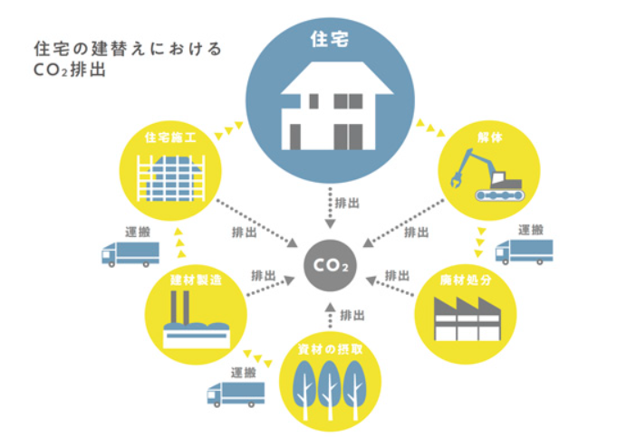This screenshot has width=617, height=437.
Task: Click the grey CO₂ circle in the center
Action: (x=330, y=266)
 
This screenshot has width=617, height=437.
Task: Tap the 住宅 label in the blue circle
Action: (x=330, y=39)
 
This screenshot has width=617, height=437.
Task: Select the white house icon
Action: (x=337, y=106)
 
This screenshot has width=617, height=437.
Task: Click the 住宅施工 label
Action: (x=170, y=138)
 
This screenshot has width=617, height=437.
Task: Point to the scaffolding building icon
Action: (x=170, y=178)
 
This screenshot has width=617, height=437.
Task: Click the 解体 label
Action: (x=490, y=138)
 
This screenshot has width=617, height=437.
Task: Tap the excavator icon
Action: (x=488, y=175)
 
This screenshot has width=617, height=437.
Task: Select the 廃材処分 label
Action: (x=466, y=280)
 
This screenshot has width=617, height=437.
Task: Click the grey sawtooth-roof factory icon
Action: (x=468, y=318)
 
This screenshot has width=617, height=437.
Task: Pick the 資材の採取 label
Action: (x=330, y=349)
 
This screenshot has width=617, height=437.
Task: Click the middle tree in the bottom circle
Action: (x=330, y=390)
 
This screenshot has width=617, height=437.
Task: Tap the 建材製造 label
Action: (x=196, y=280)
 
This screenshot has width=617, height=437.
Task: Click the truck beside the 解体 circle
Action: (x=525, y=252)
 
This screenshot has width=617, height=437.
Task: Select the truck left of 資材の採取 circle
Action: (x=236, y=394)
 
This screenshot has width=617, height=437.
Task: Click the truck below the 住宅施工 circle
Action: (x=130, y=254)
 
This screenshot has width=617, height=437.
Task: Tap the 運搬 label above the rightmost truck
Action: (x=531, y=230)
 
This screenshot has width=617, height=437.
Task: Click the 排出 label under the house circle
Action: (x=347, y=204)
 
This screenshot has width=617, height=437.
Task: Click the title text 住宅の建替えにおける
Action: (x=129, y=49)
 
